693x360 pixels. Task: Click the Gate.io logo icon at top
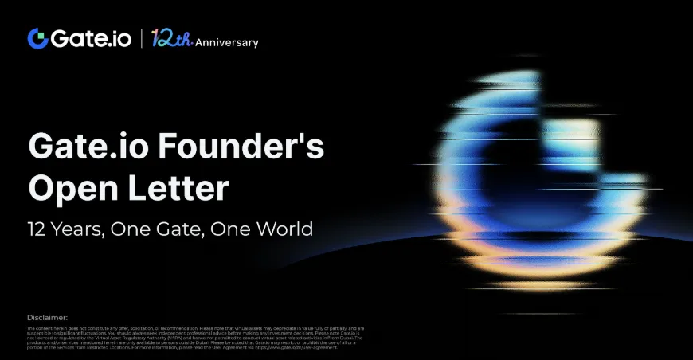[x=37, y=37]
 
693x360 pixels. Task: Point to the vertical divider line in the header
[x=141, y=38]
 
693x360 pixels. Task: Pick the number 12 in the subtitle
[x=37, y=229]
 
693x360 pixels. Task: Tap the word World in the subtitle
[x=281, y=229]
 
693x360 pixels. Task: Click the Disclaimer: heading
[x=47, y=318]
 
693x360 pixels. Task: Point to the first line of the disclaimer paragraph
[x=195, y=328]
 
